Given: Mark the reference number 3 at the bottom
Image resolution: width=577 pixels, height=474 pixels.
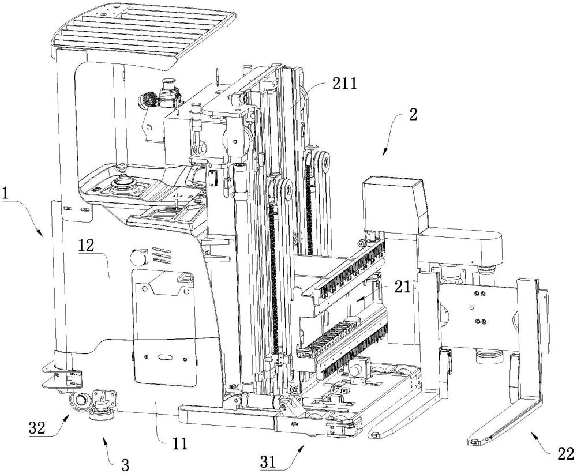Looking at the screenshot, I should pyautogui.click(x=123, y=463).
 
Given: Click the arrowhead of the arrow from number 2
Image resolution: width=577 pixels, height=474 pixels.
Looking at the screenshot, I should pyautogui.click(x=383, y=155).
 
